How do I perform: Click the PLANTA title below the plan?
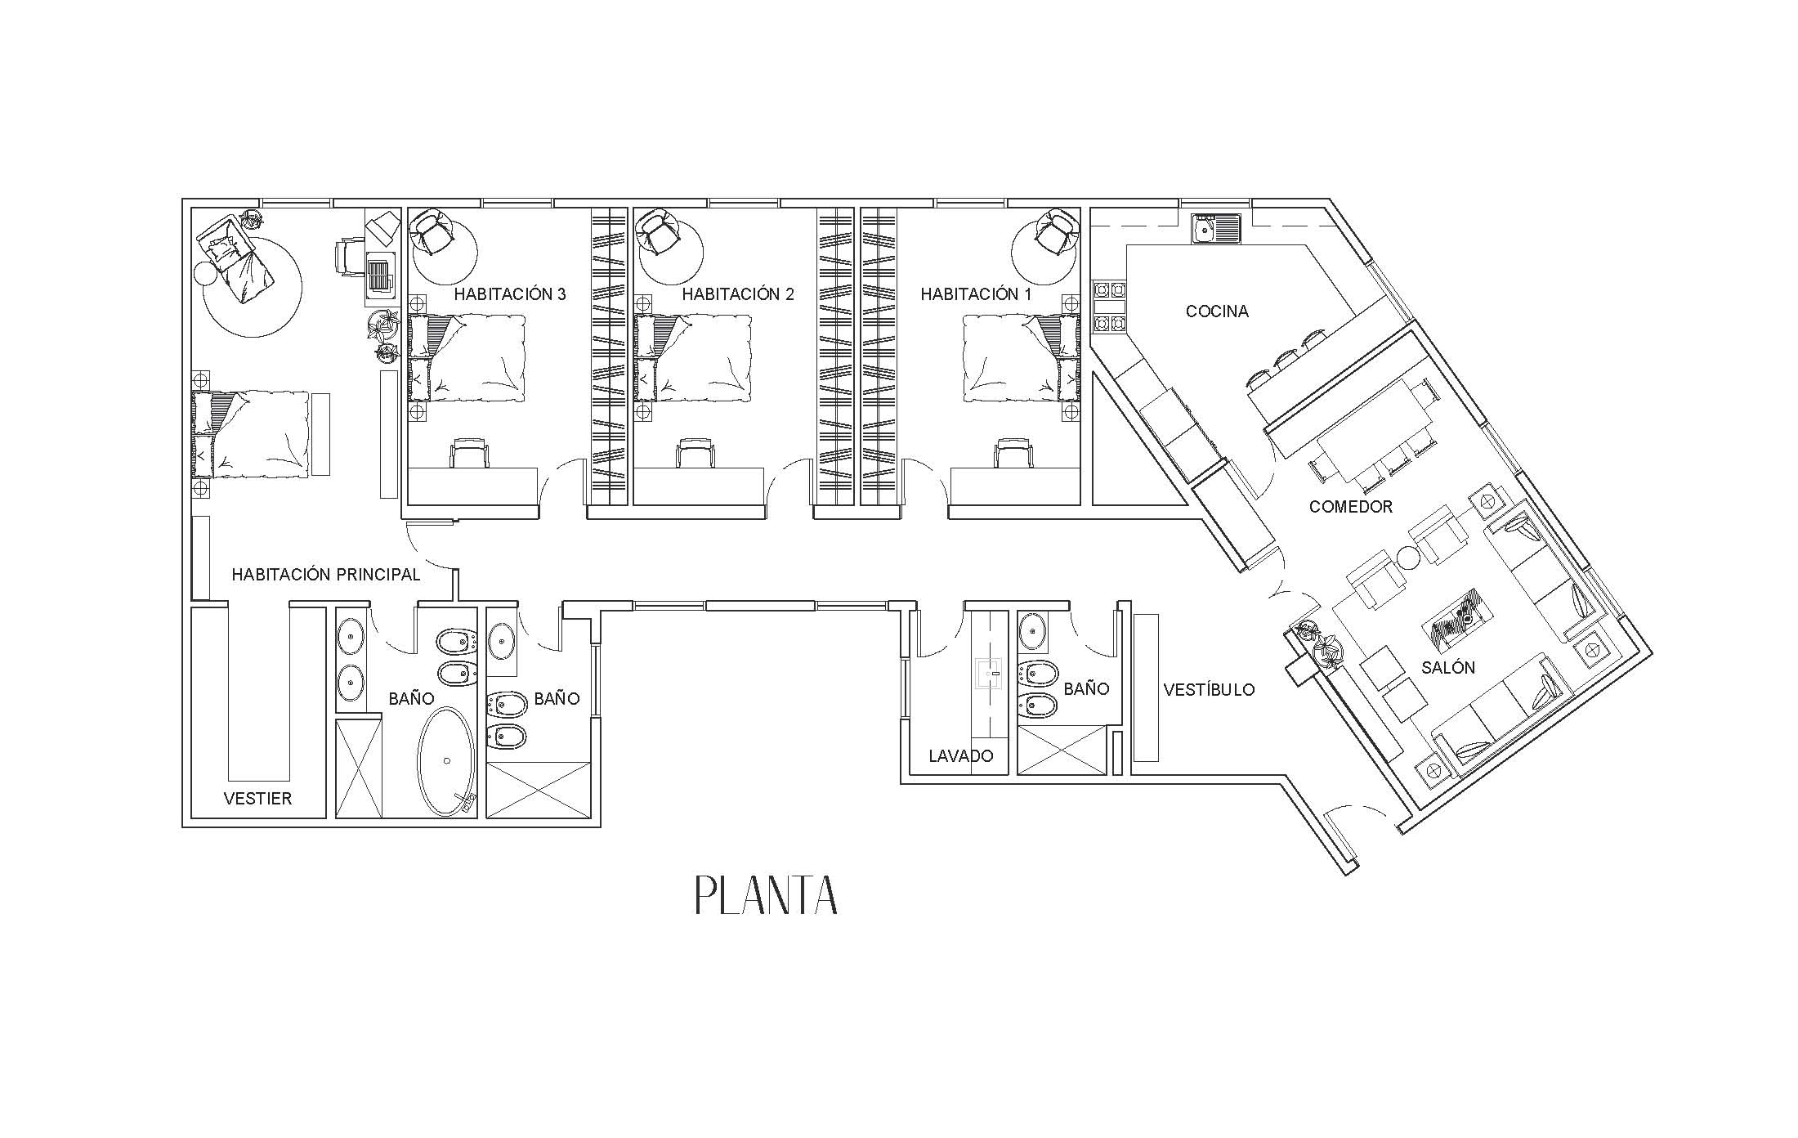click(x=766, y=895)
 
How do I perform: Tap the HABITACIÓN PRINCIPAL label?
click(x=325, y=575)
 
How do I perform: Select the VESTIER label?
click(x=257, y=799)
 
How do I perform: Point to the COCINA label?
click(x=1217, y=311)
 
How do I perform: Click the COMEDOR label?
click(x=1350, y=507)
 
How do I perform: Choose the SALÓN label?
click(x=1448, y=667)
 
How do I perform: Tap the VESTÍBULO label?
click(x=1209, y=690)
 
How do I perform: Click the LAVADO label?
click(x=961, y=756)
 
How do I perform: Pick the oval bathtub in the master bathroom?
click(x=445, y=761)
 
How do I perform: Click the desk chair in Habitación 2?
click(x=695, y=453)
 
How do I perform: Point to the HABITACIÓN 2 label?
click(x=738, y=294)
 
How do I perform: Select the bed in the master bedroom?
click(x=252, y=434)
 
